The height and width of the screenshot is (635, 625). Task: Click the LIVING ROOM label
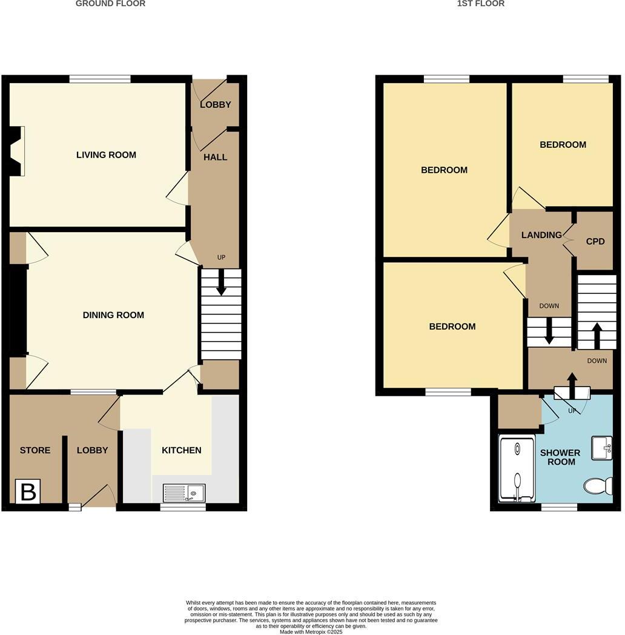pos(106,155)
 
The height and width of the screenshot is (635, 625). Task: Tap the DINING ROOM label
pos(113,315)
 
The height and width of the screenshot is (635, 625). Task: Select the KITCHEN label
pos(181,450)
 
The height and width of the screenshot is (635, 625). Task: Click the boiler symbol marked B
pos(28,491)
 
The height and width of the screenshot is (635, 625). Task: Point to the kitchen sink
pos(185,493)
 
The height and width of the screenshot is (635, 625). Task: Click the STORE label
pos(35,450)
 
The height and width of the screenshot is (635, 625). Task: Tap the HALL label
pos(215,158)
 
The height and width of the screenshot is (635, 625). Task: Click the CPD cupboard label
pos(595,241)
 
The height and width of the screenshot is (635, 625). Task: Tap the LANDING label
pos(541,235)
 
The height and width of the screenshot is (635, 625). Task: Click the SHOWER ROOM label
pos(560,457)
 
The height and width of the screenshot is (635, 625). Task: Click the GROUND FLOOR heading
pos(110,4)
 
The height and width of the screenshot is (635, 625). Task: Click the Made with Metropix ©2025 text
pos(311,631)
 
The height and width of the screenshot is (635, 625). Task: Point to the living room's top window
pos(100,79)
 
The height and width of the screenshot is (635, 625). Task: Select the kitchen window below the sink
pos(183,507)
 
